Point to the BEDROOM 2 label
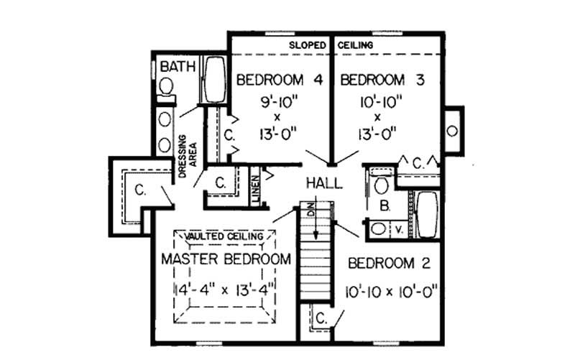click(x=389, y=263)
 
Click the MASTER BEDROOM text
click(x=226, y=259)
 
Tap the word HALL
click(x=323, y=183)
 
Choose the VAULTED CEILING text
click(x=225, y=236)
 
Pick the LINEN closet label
click(x=255, y=189)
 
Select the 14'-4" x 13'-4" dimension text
click(x=226, y=290)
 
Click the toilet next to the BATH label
click(x=167, y=88)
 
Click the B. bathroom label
click(x=385, y=206)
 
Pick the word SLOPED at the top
click(x=308, y=45)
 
